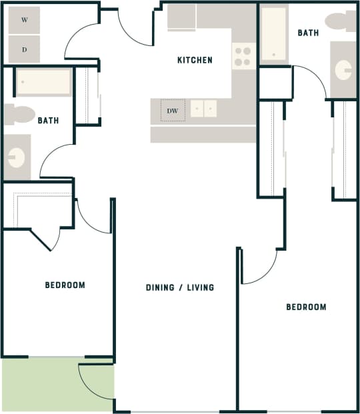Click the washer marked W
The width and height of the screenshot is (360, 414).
pyautogui.click(x=25, y=20)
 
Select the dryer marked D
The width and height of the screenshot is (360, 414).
pyautogui.click(x=25, y=49)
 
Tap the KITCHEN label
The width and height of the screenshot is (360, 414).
pyautogui.click(x=195, y=61)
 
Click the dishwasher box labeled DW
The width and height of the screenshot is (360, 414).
pyautogui.click(x=173, y=111)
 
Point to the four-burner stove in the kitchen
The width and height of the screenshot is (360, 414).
pyautogui.click(x=243, y=56)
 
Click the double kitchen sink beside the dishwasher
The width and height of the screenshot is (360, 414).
pyautogui.click(x=204, y=108)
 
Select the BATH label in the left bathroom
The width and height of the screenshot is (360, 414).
pyautogui.click(x=48, y=121)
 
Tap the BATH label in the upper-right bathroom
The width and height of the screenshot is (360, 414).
pyautogui.click(x=308, y=33)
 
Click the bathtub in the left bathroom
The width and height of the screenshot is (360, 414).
pyautogui.click(x=43, y=82)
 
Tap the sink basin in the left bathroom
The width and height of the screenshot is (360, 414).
pyautogui.click(x=16, y=157)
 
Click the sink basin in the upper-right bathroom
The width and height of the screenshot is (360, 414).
pyautogui.click(x=344, y=69)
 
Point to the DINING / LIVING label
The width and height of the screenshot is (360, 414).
pyautogui.click(x=180, y=287)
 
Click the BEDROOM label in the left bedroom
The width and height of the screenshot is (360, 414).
pyautogui.click(x=65, y=285)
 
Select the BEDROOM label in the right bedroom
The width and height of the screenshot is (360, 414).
pyautogui.click(x=306, y=307)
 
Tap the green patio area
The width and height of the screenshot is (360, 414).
pyautogui.click(x=40, y=385)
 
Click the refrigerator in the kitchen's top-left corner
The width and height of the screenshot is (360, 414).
pyautogui.click(x=181, y=17)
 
